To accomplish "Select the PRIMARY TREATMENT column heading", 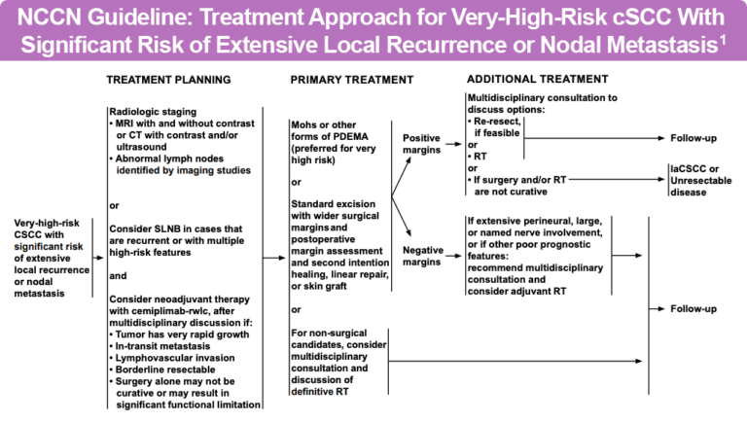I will point(345,79).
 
